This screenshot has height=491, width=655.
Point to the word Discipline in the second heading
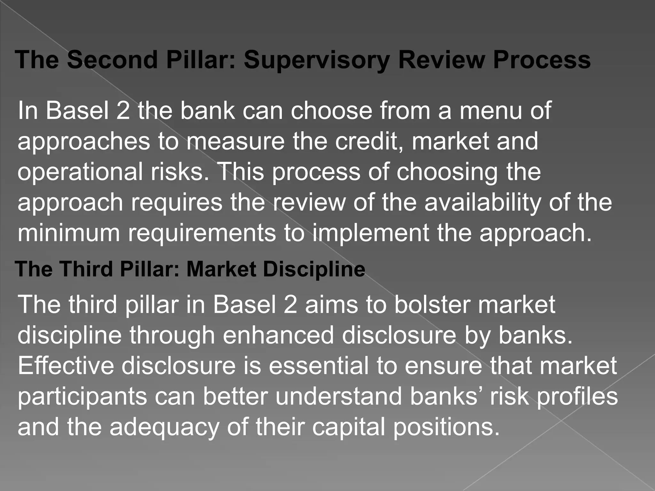coord(314,269)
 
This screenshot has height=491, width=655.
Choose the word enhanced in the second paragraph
coord(278,335)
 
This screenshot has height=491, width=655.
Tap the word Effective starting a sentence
coord(66,366)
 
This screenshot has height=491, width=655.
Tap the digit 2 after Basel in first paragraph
coord(123,110)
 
